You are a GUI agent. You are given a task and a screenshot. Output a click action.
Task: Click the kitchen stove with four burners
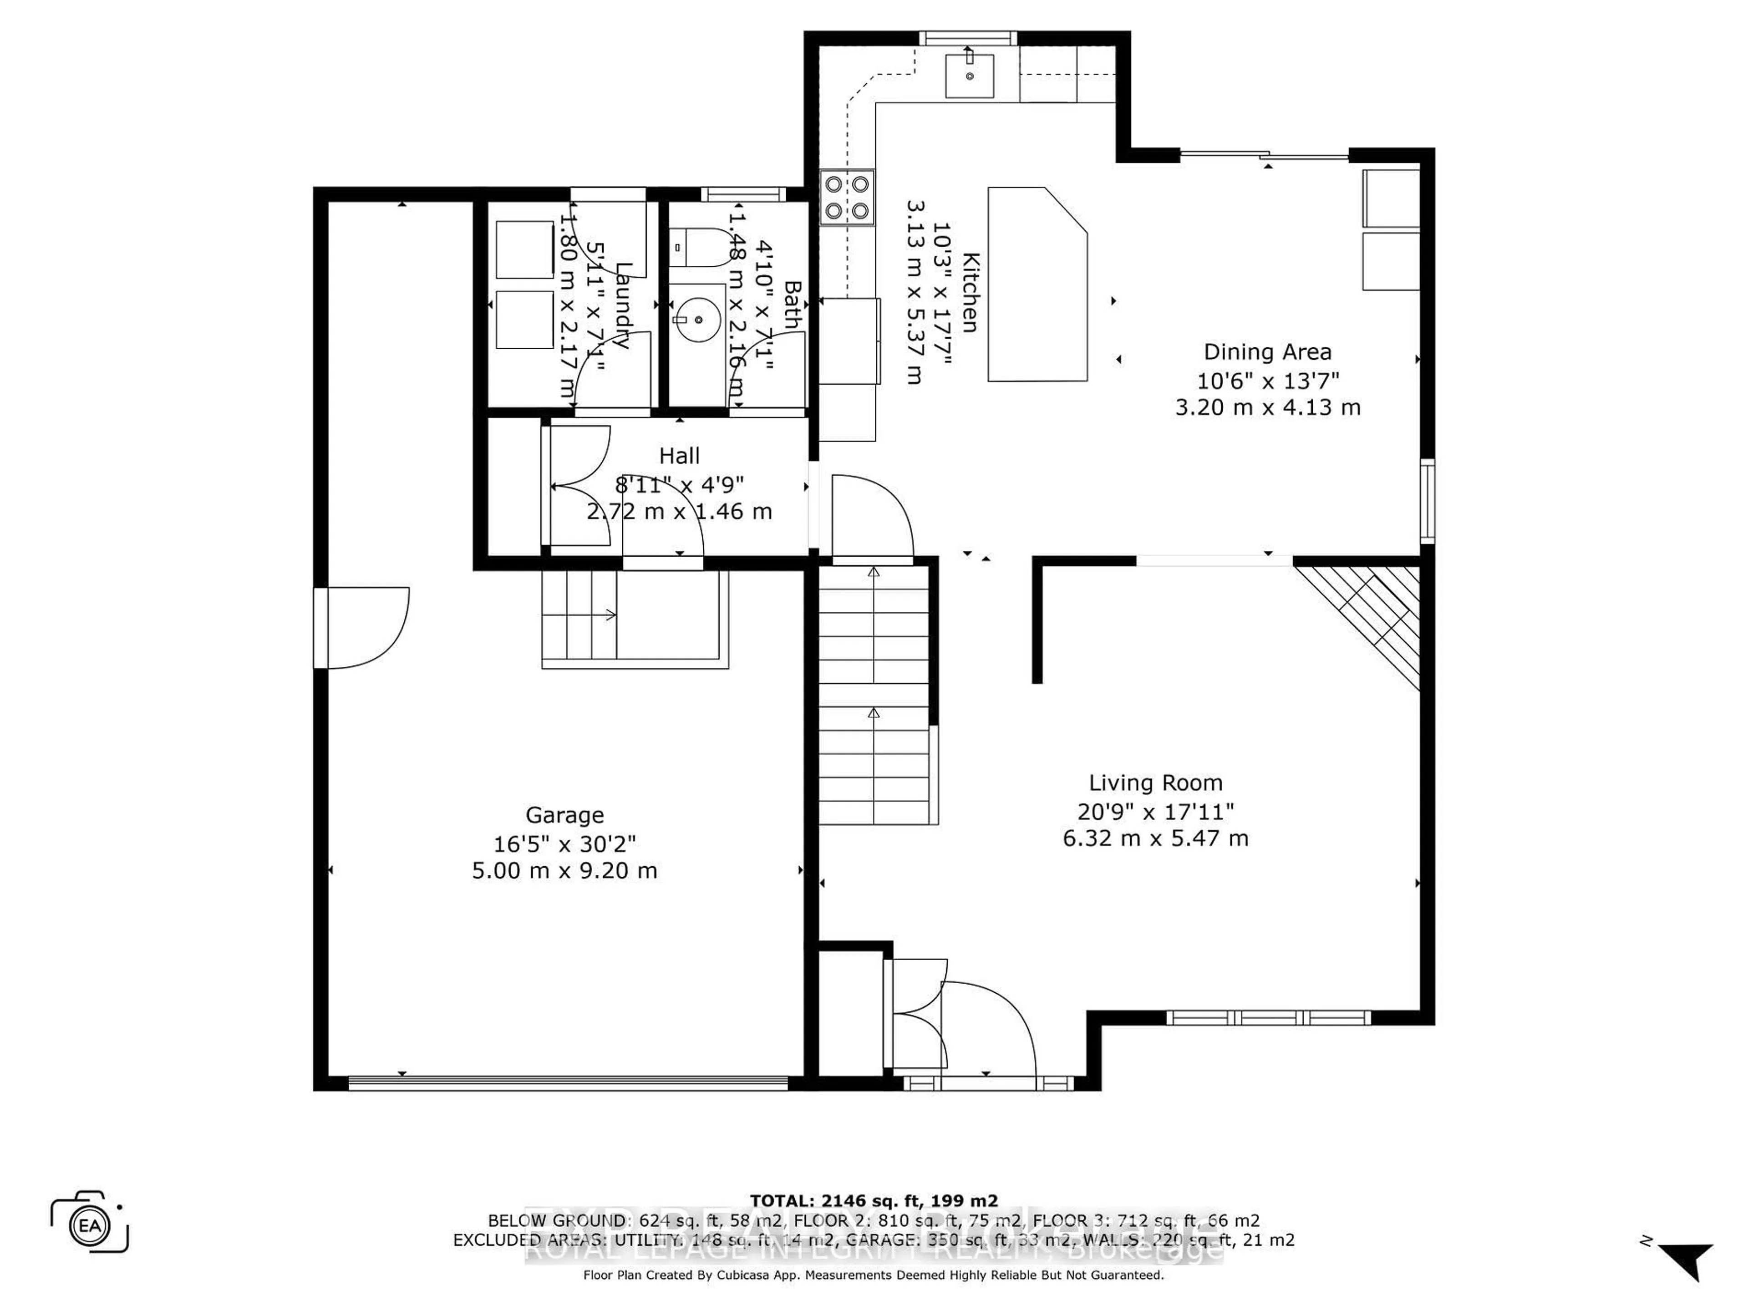click(x=847, y=198)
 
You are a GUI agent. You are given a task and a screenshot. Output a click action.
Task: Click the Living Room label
click(x=1155, y=783)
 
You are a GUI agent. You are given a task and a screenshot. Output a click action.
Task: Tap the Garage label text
click(x=564, y=815)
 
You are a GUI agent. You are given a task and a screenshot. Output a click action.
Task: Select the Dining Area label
click(x=1267, y=352)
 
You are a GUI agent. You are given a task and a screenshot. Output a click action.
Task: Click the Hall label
click(x=679, y=456)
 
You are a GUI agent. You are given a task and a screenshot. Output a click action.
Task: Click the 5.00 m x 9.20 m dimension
click(x=564, y=871)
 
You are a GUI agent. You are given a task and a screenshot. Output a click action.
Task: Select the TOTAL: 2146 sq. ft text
click(x=873, y=1201)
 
